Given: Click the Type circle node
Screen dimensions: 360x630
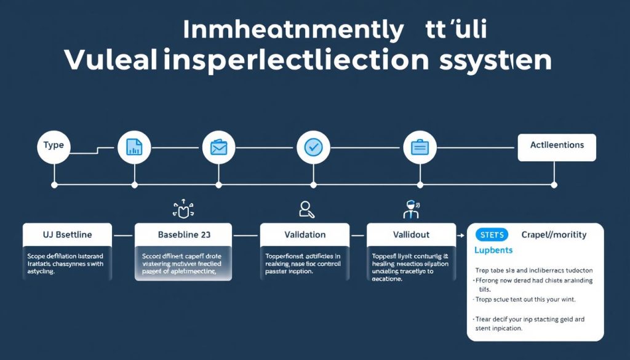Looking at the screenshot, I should click(54, 146).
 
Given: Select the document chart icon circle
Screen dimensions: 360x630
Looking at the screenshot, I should click(134, 147).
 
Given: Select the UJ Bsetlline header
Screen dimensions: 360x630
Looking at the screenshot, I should click(68, 235).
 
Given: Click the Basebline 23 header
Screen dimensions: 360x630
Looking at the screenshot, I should click(183, 235).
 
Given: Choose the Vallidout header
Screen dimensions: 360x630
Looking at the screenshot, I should click(411, 235).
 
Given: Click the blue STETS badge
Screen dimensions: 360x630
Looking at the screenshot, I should click(492, 234).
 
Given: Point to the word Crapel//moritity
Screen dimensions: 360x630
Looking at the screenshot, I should click(554, 234).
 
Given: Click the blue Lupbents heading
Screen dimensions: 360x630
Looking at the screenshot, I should click(493, 250).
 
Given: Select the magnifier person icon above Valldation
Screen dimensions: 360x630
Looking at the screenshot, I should click(306, 210).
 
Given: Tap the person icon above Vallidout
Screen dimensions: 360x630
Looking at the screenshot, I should click(410, 209).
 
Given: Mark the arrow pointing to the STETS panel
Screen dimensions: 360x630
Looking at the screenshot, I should click(460, 235).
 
